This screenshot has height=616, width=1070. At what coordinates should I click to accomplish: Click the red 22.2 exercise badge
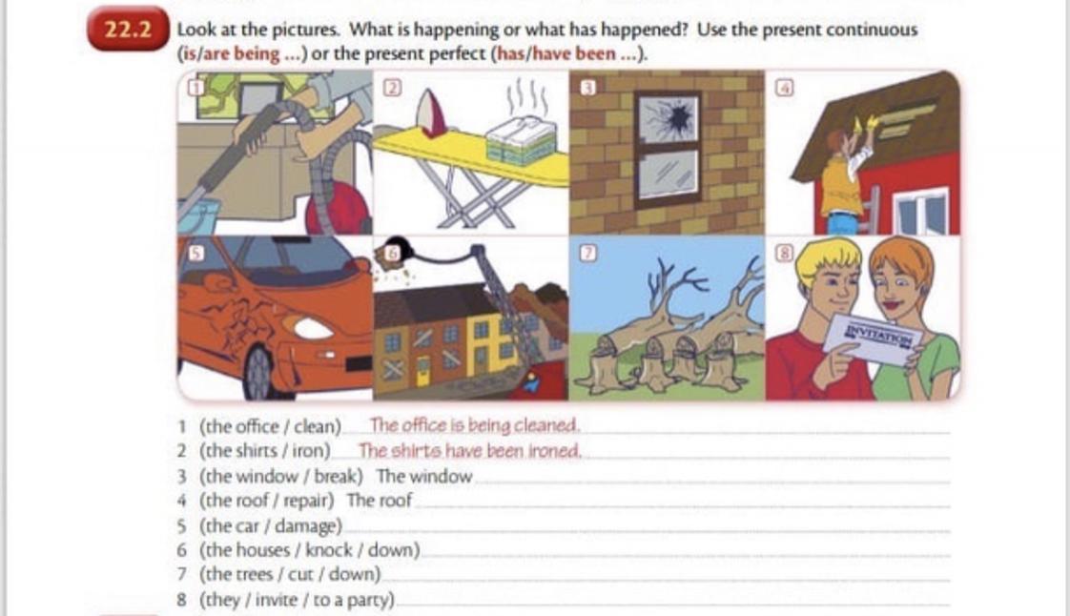(128, 29)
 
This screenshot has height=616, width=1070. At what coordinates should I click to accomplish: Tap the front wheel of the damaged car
(260, 375)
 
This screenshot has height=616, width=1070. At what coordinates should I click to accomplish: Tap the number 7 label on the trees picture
(588, 253)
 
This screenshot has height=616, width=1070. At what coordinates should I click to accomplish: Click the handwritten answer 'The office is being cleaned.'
(474, 425)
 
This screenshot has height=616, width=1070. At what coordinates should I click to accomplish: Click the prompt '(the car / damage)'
(270, 526)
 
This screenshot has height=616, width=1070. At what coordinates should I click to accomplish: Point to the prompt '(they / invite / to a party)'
(297, 601)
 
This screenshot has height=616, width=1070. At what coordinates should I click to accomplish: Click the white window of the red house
(921, 212)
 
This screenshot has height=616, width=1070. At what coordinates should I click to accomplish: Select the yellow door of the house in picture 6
(422, 371)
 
